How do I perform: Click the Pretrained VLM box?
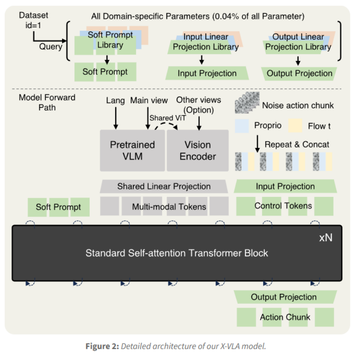click(x=132, y=150)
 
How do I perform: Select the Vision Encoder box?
click(x=198, y=150)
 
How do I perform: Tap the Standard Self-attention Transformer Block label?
click(x=177, y=253)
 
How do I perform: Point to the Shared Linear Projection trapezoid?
click(x=164, y=187)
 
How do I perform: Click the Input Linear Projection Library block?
click(x=206, y=42)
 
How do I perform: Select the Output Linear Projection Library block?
click(x=298, y=42)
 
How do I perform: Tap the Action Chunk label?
click(x=285, y=317)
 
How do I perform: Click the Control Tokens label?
click(x=283, y=206)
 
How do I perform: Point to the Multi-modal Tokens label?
click(x=169, y=207)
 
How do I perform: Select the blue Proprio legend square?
click(x=241, y=126)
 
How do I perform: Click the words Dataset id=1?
click(x=33, y=19)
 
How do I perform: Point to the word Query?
click(x=51, y=46)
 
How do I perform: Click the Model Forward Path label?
click(x=47, y=102)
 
